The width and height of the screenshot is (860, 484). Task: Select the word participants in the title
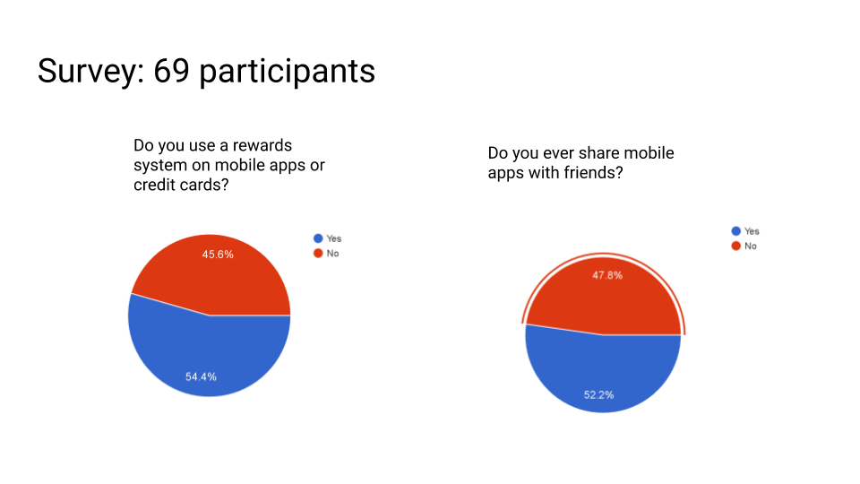point(288,72)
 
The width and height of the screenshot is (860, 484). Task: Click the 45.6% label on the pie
point(218,255)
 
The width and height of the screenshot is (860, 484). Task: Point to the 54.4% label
point(201,377)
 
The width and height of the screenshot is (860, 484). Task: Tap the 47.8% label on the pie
point(607,275)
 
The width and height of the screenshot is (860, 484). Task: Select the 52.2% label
point(599,395)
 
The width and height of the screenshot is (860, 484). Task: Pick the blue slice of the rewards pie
point(209,351)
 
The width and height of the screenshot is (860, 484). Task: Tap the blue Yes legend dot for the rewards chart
point(318,238)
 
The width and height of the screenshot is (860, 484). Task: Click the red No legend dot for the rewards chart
point(318,253)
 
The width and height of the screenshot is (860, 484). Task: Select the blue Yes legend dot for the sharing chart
point(736,231)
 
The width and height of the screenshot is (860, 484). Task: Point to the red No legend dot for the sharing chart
point(736,246)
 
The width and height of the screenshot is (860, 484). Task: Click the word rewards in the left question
point(262,145)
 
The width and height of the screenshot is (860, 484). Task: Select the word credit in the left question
point(151,185)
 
